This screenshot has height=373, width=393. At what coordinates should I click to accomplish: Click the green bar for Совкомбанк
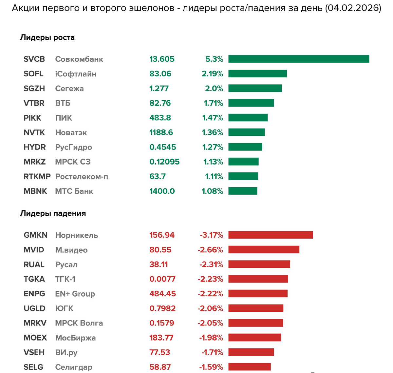[299, 59]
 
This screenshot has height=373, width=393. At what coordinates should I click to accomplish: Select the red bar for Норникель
[271, 235]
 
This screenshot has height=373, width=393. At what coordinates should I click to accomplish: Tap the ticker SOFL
[33, 74]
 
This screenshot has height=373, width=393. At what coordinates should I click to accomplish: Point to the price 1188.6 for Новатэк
[161, 132]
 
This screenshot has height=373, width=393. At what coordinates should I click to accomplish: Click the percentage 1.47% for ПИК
[213, 118]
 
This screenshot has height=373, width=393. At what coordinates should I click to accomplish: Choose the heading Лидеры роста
[47, 37]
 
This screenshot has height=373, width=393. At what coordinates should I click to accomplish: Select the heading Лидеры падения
[53, 213]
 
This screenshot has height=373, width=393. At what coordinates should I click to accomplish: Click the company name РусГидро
[73, 147]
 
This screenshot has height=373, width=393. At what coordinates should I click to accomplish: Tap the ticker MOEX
[35, 338]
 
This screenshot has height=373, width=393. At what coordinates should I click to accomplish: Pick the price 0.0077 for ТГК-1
[162, 279]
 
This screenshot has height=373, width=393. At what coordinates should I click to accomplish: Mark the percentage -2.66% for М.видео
[210, 250]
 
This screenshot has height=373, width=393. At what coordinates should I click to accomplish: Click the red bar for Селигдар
[250, 367]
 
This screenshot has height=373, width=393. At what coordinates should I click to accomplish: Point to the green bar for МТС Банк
[243, 191]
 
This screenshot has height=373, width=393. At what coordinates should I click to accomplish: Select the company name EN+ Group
[75, 294]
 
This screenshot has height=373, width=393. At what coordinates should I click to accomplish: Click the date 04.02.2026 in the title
[353, 8]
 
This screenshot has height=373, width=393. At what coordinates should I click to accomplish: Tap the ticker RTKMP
[37, 176]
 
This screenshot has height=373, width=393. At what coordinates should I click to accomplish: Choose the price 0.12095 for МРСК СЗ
[164, 162]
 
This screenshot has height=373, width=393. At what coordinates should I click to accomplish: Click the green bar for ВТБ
[251, 103]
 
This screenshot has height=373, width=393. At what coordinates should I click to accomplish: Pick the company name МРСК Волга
[79, 323]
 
